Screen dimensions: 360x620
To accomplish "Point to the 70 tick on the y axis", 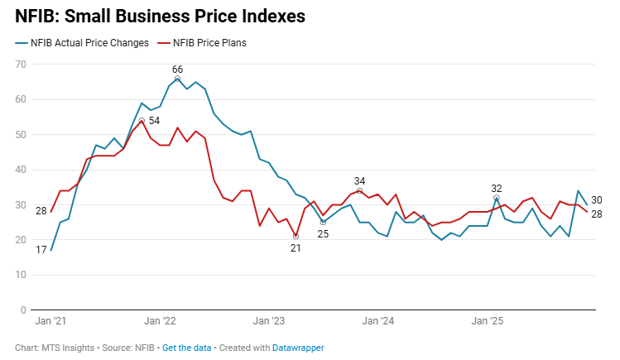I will coord(20,65).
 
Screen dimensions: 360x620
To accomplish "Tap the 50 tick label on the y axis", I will coord(20,134).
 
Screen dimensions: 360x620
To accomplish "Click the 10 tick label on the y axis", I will coord(20,275).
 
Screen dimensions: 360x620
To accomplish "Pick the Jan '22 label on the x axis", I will coord(159,320).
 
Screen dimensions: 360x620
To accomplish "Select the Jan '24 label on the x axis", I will coord(377,320).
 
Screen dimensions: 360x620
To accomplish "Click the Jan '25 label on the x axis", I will coord(487,320).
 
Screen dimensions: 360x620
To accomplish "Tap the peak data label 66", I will coord(177,69).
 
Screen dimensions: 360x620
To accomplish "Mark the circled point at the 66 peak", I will coord(177,79).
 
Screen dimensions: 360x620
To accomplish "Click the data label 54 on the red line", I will coord(154,121).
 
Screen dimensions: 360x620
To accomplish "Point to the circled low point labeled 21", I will coord(296,236).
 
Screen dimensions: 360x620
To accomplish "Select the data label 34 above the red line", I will coord(359,180).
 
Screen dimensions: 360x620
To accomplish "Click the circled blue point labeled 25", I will coord(323,222).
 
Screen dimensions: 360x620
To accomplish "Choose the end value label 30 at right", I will coord(597,200).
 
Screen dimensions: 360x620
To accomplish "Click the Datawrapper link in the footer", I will coord(298,348).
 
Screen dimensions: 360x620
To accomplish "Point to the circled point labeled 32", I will coord(497,198).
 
